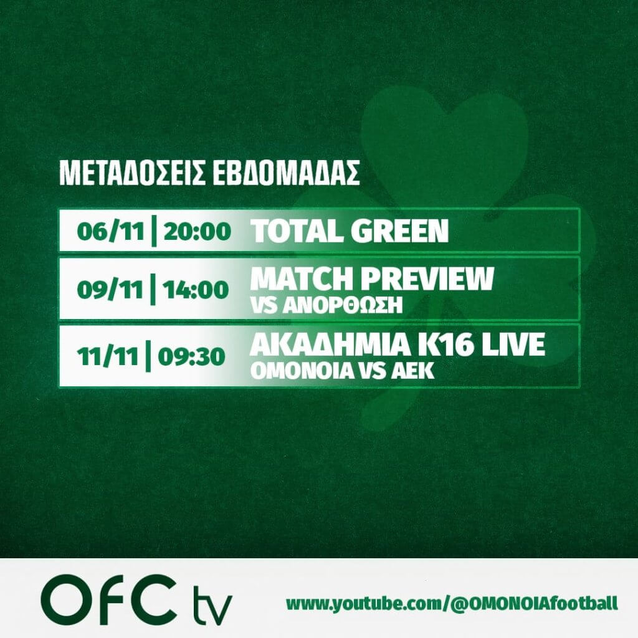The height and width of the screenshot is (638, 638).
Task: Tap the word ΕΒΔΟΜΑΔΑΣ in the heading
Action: point(286,174)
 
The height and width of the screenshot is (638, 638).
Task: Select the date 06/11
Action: point(111,232)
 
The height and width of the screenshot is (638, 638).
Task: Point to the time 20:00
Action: point(198,232)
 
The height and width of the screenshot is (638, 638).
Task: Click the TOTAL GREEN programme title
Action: point(350,231)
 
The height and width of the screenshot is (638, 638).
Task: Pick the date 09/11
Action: point(110,290)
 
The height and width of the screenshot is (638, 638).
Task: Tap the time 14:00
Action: point(196,290)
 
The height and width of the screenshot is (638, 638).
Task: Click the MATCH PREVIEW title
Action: point(373,279)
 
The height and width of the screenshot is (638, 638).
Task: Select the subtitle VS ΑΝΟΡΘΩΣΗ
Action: point(326,305)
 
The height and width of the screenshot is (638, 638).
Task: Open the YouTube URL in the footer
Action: point(452,604)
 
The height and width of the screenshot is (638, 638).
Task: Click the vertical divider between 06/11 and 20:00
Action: point(154,232)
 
